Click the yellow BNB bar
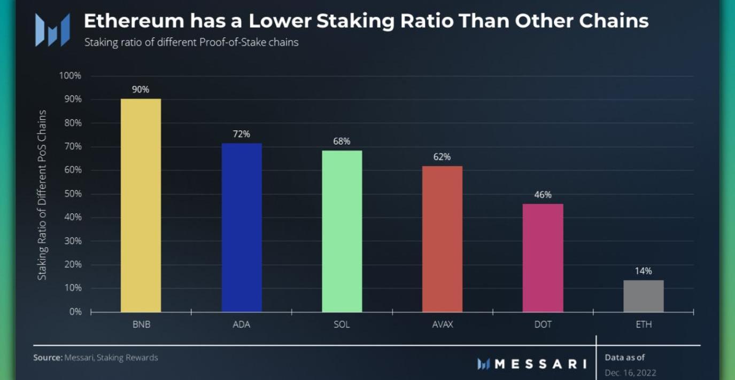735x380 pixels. click(141, 205)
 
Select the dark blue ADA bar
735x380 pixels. click(242, 228)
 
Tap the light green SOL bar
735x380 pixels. click(342, 231)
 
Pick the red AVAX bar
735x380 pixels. click(442, 239)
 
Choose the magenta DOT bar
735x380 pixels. click(543, 258)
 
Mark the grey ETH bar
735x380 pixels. click(643, 296)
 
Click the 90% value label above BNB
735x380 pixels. click(141, 90)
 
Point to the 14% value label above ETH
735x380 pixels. click(643, 271)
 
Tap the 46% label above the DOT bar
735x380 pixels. click(543, 195)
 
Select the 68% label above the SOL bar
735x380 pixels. click(342, 141)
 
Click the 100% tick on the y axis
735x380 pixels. click(70, 76)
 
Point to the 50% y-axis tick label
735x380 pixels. click(72, 194)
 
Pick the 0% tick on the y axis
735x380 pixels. click(74, 312)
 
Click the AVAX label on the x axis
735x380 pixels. click(442, 324)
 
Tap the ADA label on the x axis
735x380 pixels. click(242, 324)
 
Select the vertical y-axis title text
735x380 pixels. click(42, 195)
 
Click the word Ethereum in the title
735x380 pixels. click(133, 21)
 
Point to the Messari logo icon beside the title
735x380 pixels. click(52, 29)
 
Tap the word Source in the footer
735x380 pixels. click(47, 358)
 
